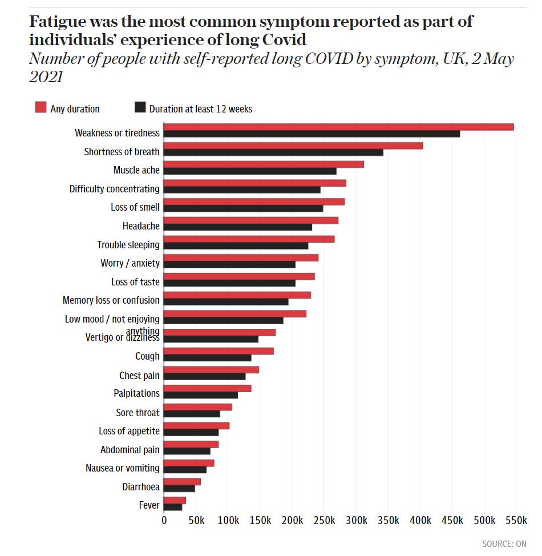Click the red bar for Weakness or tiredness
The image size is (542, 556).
(338, 127)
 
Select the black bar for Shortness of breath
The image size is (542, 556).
(273, 152)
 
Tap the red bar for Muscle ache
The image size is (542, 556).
(264, 164)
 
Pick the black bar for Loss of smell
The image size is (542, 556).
(243, 208)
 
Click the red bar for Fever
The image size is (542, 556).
(175, 501)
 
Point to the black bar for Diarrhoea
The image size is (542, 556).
(179, 489)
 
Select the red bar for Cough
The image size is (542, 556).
(219, 350)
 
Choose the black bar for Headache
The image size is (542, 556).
(238, 227)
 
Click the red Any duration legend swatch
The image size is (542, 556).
(41, 108)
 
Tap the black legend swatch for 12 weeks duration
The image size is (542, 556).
(140, 108)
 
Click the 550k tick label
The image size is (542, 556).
(516, 521)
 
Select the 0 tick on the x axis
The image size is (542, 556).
(164, 521)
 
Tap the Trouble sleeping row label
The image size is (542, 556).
(128, 245)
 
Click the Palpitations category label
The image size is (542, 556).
(137, 393)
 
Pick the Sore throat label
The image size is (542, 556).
(138, 412)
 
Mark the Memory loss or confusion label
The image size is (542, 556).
(111, 300)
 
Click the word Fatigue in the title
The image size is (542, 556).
(56, 23)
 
